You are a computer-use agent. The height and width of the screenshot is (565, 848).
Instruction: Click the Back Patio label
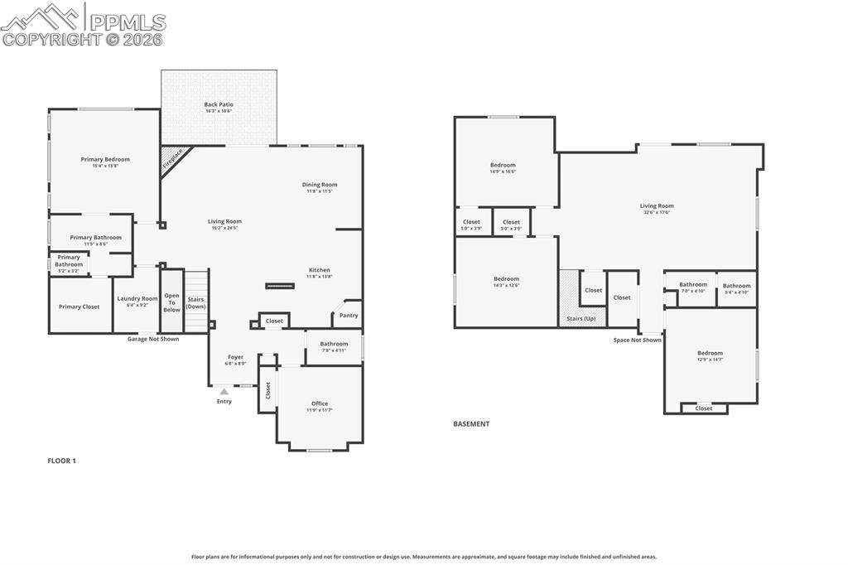[x=219, y=105]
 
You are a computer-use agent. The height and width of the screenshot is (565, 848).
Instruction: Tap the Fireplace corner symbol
[x=173, y=159]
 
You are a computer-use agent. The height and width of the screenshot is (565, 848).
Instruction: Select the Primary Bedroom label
[x=105, y=159]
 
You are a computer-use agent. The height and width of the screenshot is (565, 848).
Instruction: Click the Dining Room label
[x=320, y=185]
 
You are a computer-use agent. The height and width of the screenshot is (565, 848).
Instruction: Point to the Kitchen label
[x=320, y=270]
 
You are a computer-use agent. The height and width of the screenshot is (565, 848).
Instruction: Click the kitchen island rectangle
[x=279, y=287]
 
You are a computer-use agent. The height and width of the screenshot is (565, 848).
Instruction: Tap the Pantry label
[x=349, y=315]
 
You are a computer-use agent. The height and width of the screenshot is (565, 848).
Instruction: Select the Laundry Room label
[x=137, y=298]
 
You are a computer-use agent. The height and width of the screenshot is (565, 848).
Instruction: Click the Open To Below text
[x=171, y=302]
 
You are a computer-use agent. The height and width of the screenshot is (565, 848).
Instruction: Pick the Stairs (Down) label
[x=195, y=302]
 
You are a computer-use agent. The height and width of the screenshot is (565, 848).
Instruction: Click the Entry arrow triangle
[x=224, y=391]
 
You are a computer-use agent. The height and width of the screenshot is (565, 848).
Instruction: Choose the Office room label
[x=320, y=404]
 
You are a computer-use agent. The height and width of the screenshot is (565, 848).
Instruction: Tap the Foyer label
[x=235, y=357]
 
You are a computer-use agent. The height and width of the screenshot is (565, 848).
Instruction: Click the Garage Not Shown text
[x=152, y=339]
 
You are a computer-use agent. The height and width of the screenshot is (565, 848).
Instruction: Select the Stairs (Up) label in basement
[x=581, y=318]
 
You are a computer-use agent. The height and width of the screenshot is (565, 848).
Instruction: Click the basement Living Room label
[x=657, y=206]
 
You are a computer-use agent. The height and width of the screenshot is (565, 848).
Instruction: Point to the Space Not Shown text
[x=637, y=340]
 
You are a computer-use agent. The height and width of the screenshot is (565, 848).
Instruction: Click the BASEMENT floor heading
[x=471, y=424]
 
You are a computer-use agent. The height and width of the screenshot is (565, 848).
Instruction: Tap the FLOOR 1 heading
[x=61, y=461]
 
